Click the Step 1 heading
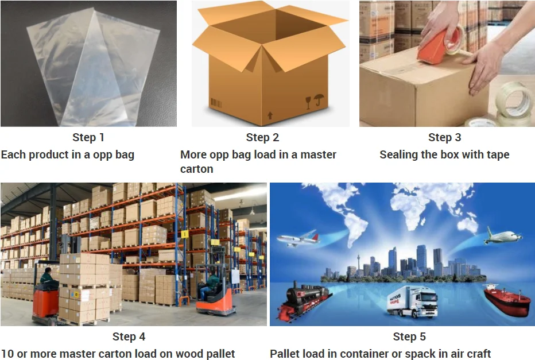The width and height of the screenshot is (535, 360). click(88, 138)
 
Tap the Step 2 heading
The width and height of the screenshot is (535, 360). click(262, 138)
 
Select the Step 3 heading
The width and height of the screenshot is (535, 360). click(444, 138)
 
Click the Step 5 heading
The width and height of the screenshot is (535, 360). click(409, 337)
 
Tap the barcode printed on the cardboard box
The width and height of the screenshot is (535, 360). click(217, 103)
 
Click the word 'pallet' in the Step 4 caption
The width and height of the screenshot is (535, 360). click(219, 354)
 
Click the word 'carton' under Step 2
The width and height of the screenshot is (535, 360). click(197, 169)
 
